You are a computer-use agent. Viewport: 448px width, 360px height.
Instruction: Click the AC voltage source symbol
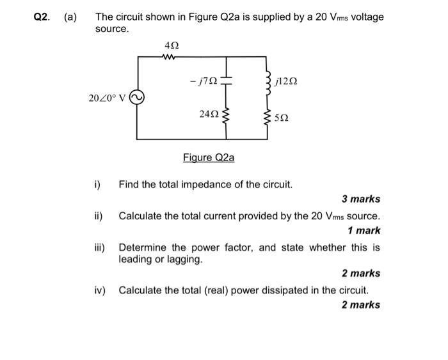(x=137, y=98)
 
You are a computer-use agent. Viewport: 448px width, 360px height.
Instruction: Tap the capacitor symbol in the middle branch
(x=228, y=81)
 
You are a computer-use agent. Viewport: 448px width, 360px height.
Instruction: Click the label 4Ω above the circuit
(x=171, y=45)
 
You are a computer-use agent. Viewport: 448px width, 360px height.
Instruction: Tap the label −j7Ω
(x=204, y=81)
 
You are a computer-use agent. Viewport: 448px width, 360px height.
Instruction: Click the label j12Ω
(x=285, y=82)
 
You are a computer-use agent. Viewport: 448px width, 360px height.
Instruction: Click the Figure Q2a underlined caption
(x=209, y=157)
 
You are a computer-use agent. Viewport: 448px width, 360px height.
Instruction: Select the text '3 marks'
(x=360, y=199)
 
